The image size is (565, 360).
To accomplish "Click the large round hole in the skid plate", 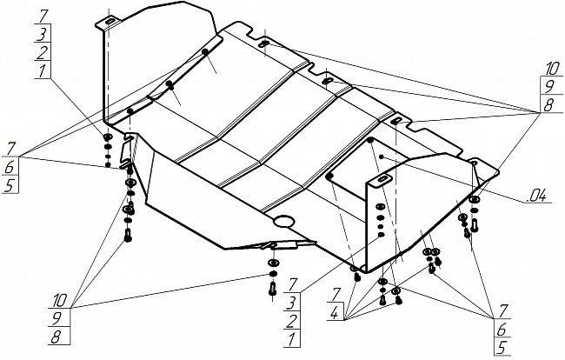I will point(283,223).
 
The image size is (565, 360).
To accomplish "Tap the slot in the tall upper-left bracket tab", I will point(110,22).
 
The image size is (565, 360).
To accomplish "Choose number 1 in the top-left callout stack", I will point(40,72).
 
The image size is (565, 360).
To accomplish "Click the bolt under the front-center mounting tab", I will point(272,287).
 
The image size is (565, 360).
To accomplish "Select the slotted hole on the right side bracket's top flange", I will point(382,180).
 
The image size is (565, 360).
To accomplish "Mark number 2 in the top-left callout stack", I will point(40,53).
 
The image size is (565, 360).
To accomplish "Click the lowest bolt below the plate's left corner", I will point(129,237).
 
